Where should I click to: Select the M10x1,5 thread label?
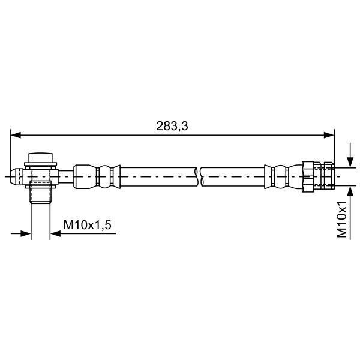(88, 224)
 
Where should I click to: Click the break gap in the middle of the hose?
(200, 176)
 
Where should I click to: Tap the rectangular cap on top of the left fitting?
(40, 158)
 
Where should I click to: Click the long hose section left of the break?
(159, 176)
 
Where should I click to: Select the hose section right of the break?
(234, 176)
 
